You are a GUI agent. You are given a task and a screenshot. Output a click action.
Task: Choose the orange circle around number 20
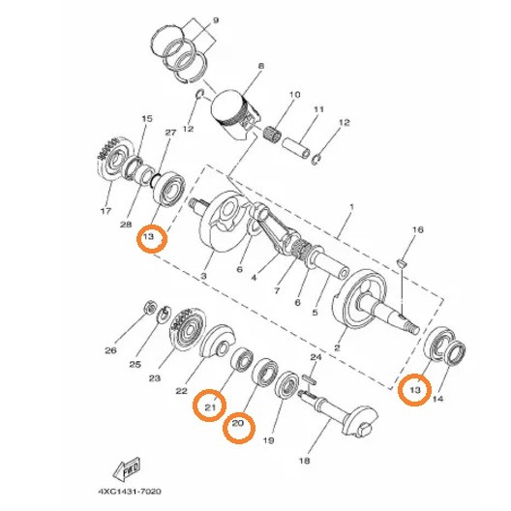click(x=239, y=427)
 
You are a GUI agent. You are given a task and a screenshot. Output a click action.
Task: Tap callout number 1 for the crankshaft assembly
click(x=351, y=207)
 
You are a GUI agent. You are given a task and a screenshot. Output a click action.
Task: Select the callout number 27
click(x=170, y=133)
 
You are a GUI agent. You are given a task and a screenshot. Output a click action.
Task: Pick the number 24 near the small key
click(x=314, y=357)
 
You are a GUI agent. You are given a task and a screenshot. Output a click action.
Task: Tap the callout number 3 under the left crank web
click(x=204, y=277)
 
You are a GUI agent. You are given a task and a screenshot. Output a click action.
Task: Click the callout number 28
click(x=126, y=225)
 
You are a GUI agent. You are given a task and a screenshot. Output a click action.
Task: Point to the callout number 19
click(x=268, y=439)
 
